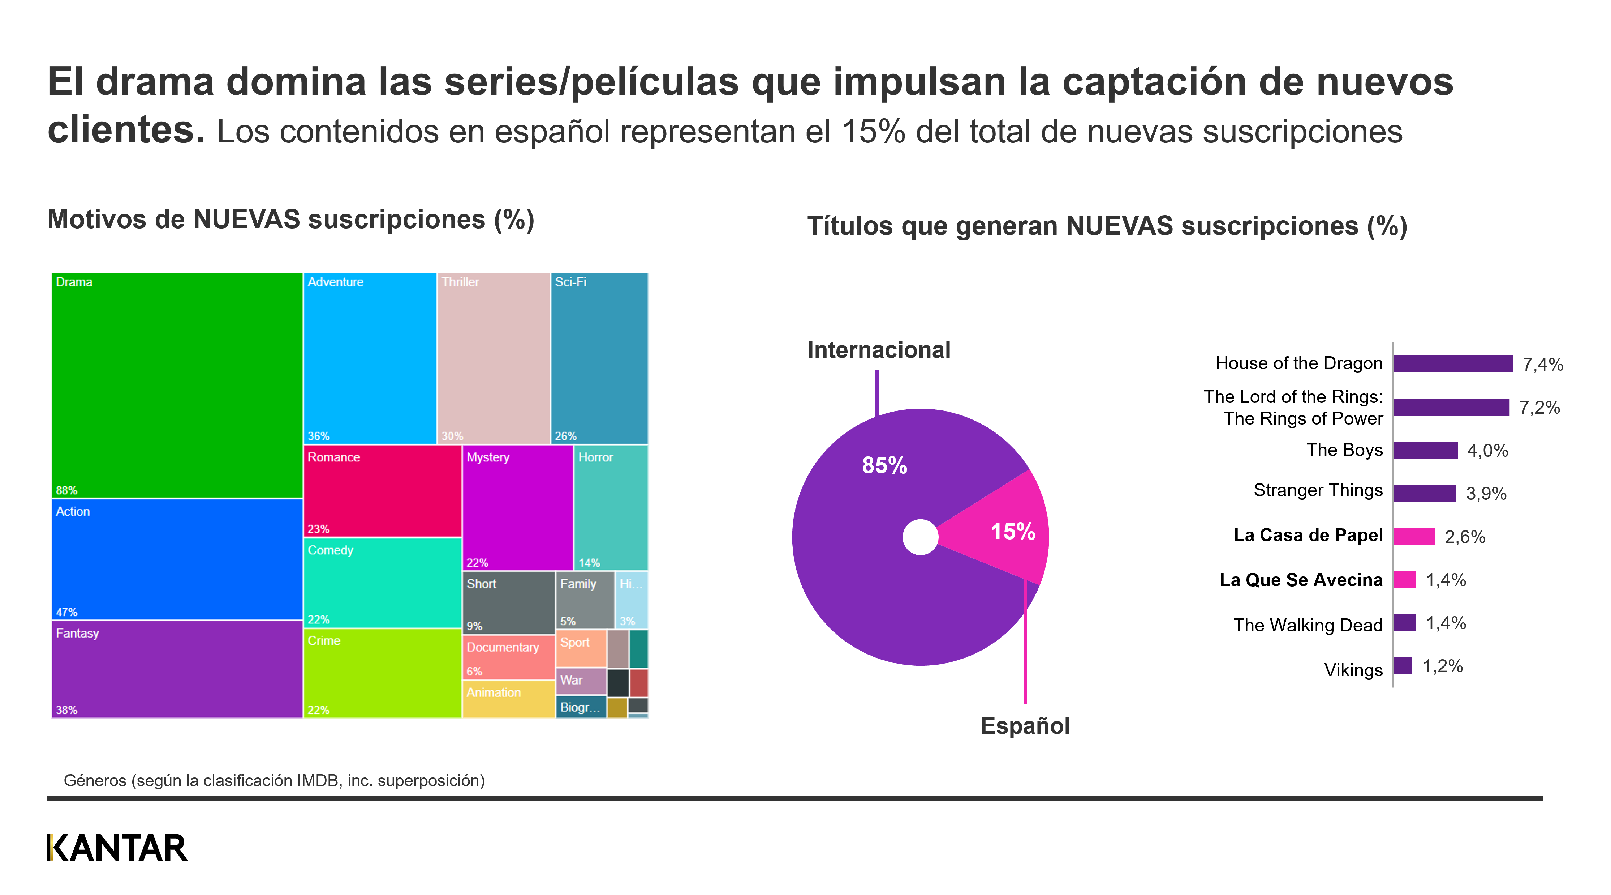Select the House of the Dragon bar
1452,364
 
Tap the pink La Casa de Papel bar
1413,536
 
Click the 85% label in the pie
884,465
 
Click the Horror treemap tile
610,507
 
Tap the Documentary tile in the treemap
508,657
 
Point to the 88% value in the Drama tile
66,490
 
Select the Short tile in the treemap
508,602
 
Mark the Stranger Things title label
1318,490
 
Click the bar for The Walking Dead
1404,623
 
